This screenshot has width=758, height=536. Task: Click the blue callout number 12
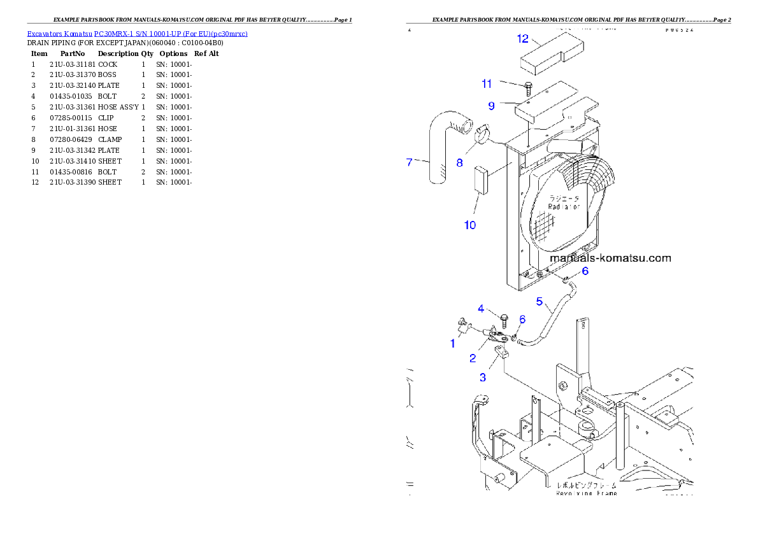point(523,39)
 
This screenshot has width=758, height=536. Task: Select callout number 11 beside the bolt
point(487,83)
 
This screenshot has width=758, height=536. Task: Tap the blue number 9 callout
point(491,106)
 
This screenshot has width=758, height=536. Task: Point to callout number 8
point(459,162)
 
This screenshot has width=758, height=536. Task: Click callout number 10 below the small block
point(469,225)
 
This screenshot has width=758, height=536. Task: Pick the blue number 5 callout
point(539,301)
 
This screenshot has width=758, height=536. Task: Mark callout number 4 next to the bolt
point(482,309)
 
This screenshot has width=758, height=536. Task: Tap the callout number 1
point(453,343)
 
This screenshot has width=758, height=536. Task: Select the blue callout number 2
point(472,358)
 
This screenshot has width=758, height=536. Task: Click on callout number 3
point(483,377)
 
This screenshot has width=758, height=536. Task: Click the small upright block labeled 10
point(480,180)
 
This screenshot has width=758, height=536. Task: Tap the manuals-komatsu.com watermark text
point(610,258)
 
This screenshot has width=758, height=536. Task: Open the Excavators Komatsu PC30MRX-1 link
point(137,34)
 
